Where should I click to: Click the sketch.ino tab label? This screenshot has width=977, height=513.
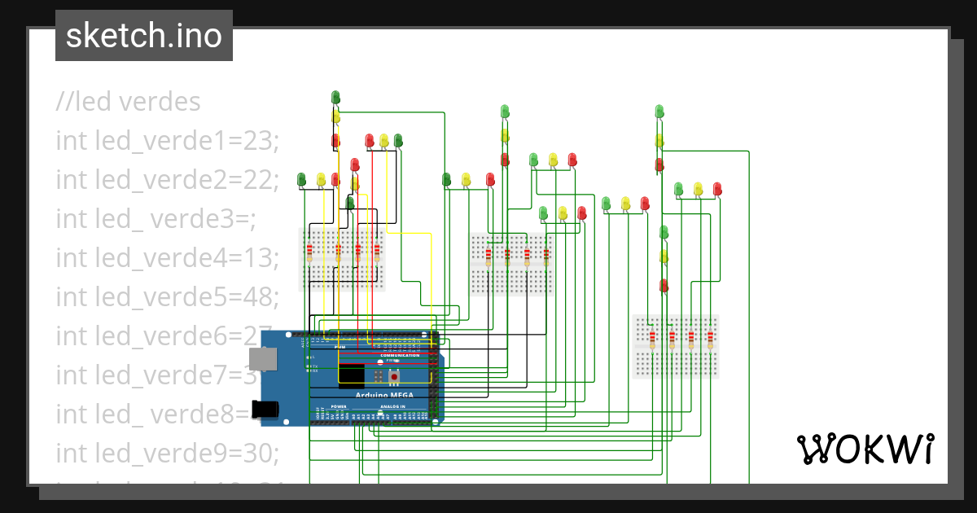point(144,36)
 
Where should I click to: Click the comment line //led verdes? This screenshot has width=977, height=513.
point(128,102)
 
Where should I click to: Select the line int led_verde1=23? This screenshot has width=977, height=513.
point(168,141)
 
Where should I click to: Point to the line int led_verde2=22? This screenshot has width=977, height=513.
point(168,180)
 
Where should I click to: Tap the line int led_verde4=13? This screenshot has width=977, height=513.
point(168,258)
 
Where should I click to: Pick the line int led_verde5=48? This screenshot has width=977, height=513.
point(168,297)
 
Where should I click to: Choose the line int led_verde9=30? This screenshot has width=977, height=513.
point(168,452)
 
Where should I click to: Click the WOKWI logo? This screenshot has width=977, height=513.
point(865,449)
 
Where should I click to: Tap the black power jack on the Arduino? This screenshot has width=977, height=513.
point(267,410)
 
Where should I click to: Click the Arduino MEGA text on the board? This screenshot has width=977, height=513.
point(384,395)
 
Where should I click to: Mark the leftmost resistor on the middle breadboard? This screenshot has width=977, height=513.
point(488,256)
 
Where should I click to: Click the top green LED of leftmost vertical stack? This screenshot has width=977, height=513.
point(335,98)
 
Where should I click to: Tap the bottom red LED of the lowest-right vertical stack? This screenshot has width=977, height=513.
point(664,285)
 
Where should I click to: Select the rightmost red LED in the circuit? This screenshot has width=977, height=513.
point(717,189)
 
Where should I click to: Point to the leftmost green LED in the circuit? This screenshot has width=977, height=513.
point(301,178)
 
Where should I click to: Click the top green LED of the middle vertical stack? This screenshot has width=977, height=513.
point(504,111)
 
